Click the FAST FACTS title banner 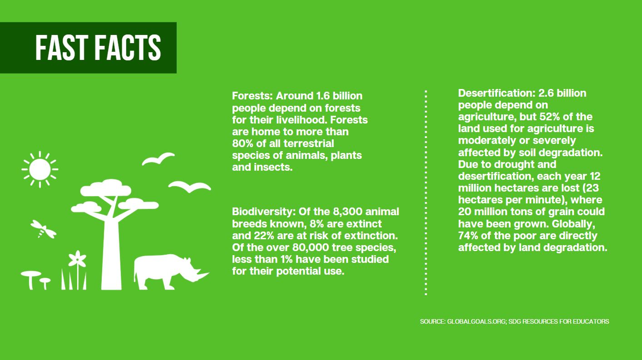tap(88, 48)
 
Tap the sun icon tap(40, 169)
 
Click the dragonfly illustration tap(44, 229)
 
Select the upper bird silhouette tap(158, 158)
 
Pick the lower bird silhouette tap(189, 187)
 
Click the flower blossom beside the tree tap(77, 259)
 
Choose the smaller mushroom tap(44, 283)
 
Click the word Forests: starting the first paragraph tap(252, 96)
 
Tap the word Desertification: tap(497, 93)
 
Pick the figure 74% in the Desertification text tap(468, 236)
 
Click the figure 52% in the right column tap(550, 117)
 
